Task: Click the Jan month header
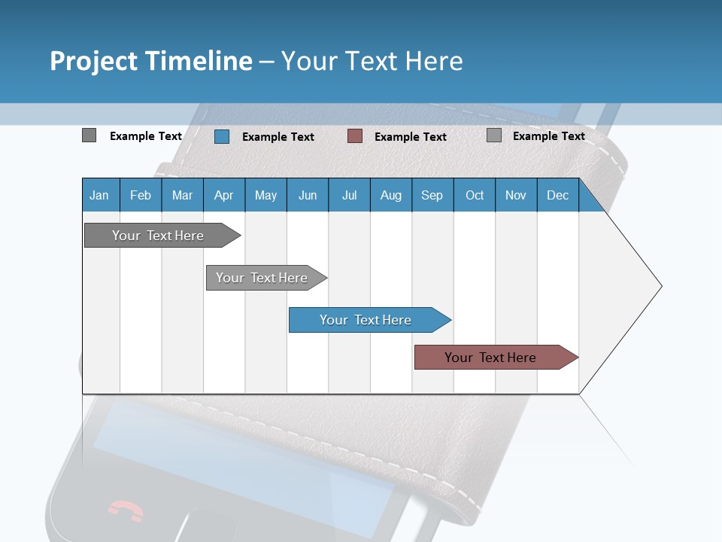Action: click(99, 195)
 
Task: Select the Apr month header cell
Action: click(223, 195)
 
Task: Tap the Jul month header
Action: click(349, 195)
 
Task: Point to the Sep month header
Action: click(432, 195)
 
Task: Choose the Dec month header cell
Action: click(557, 195)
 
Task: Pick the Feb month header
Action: click(141, 195)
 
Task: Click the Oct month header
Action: click(474, 195)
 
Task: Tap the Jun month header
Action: click(307, 195)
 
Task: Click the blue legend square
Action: click(221, 136)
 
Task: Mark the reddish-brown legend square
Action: click(354, 136)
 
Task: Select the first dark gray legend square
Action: click(89, 135)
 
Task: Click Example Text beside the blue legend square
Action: click(278, 137)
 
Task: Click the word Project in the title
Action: click(93, 61)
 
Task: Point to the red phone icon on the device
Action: click(125, 511)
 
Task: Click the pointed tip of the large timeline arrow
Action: click(660, 286)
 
